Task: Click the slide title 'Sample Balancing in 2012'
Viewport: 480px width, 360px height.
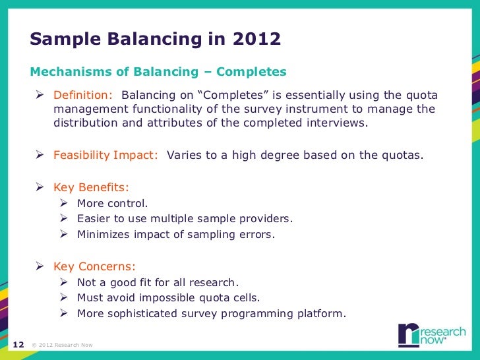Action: (x=156, y=40)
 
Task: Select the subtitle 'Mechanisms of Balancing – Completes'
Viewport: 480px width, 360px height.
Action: (x=158, y=71)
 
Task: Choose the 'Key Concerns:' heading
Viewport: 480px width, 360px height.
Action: (x=94, y=266)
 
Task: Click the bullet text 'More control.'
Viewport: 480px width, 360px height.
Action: (x=113, y=203)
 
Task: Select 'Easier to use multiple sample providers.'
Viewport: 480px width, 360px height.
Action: (x=185, y=218)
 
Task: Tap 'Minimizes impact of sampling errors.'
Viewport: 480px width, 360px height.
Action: (x=175, y=234)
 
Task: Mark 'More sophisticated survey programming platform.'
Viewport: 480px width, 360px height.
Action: (x=211, y=313)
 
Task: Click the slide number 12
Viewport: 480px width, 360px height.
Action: (x=18, y=344)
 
